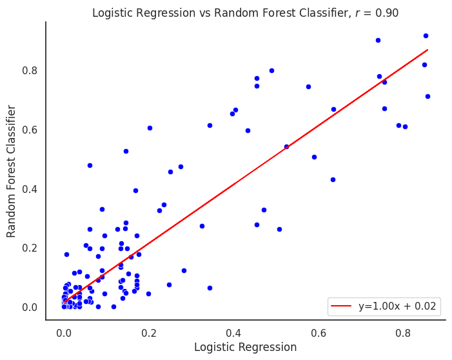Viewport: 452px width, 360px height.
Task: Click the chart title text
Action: tap(245, 13)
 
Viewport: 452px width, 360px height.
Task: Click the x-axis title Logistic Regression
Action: tap(245, 347)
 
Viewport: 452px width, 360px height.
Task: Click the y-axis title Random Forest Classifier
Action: tap(12, 172)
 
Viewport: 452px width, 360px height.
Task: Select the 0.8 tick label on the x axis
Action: tap(403, 334)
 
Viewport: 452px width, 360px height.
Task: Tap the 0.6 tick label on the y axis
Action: tap(30, 130)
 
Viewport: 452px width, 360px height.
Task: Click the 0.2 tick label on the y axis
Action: tap(30, 248)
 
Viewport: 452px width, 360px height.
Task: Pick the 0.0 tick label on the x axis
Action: tap(64, 334)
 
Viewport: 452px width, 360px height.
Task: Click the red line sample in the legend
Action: tap(342, 307)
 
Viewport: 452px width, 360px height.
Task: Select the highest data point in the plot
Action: tap(426, 35)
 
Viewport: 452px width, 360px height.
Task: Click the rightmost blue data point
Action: tap(427, 96)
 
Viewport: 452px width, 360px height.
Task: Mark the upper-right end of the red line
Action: tap(427, 49)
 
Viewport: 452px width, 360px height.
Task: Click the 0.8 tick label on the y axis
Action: tap(30, 70)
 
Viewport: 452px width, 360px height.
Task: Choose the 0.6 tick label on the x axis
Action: tap(319, 334)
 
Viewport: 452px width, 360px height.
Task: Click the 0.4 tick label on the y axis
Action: tap(30, 189)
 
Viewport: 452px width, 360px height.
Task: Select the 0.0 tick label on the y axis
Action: tap(30, 307)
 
